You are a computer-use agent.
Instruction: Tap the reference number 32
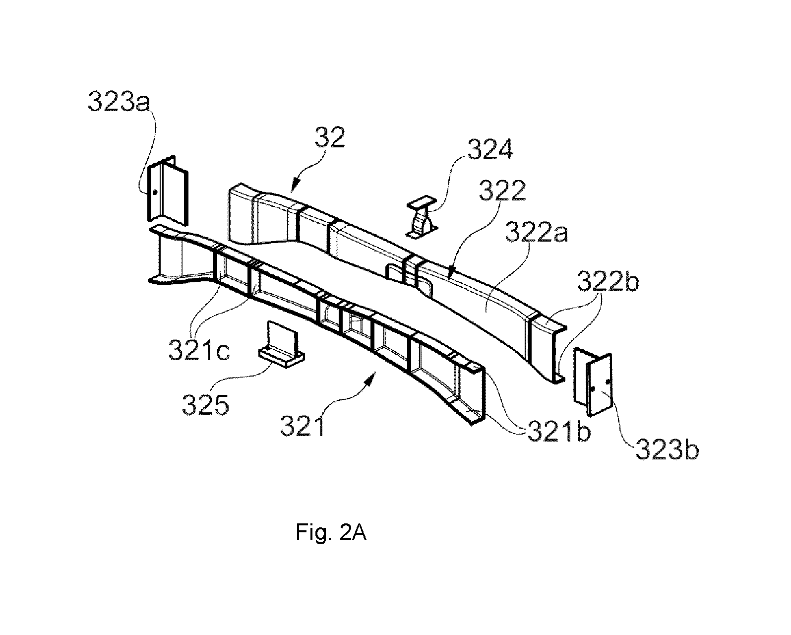click(x=330, y=137)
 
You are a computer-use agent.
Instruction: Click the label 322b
click(x=608, y=281)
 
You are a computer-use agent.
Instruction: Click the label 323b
click(x=667, y=449)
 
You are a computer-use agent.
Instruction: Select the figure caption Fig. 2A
click(x=331, y=533)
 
